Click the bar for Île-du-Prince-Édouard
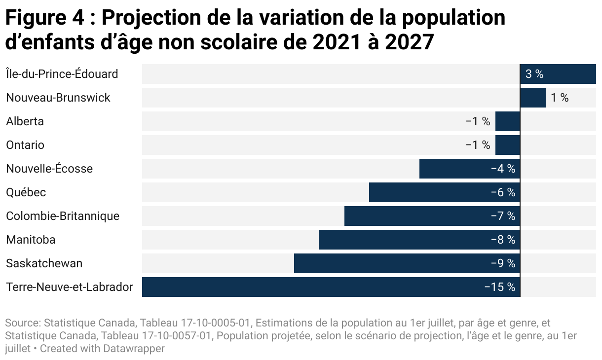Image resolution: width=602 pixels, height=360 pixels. (x=558, y=74)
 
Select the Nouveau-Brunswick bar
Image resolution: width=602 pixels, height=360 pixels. (x=533, y=98)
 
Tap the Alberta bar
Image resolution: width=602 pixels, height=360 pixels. (x=507, y=121)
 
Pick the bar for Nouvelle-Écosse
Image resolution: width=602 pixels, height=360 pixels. (x=454, y=169)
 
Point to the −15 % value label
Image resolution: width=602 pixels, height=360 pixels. (x=499, y=287)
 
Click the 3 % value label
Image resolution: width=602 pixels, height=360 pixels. (x=534, y=74)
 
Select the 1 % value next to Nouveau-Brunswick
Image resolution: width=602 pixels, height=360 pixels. (x=560, y=98)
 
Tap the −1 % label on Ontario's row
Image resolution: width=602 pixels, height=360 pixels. (x=478, y=145)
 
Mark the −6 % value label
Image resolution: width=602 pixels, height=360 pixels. (x=503, y=192)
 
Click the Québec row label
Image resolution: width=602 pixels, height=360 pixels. (x=26, y=192)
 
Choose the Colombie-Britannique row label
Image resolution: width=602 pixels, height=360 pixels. (x=63, y=216)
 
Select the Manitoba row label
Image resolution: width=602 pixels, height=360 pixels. (x=31, y=240)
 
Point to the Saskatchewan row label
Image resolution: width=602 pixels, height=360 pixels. (x=44, y=263)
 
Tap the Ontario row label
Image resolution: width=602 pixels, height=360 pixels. (x=25, y=145)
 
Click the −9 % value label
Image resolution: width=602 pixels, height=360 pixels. (x=503, y=263)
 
